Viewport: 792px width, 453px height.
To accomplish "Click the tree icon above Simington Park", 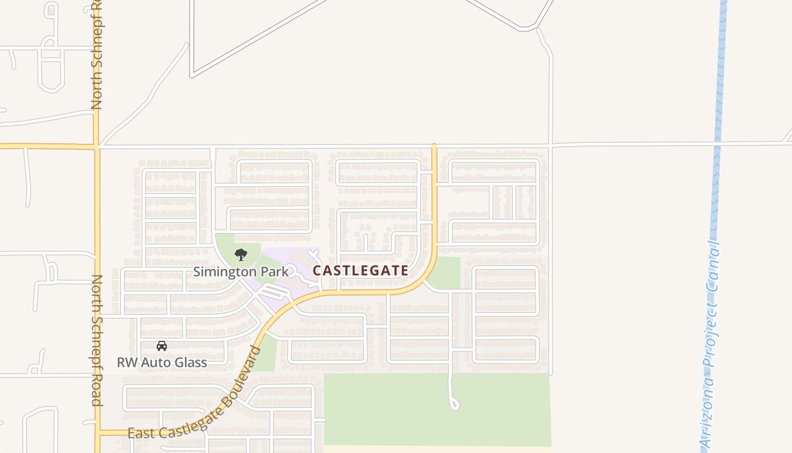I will (x=241, y=254).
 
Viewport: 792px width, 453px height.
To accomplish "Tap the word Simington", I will (x=225, y=272).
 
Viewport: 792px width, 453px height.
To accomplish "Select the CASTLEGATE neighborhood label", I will (x=360, y=271).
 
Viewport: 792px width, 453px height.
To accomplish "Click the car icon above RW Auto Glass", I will (x=162, y=345).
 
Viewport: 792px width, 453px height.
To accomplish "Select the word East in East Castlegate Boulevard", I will (x=139, y=434).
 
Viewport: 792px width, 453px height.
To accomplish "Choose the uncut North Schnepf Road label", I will (x=97, y=340).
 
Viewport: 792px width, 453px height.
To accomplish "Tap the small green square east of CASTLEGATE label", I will (x=445, y=272).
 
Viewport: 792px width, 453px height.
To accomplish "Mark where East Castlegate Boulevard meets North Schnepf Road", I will (x=97, y=433).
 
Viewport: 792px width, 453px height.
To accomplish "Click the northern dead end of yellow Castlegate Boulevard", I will (x=434, y=146).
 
